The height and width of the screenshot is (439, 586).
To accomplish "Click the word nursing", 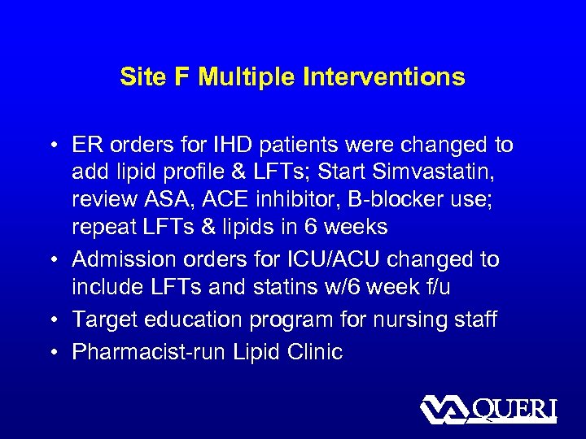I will click(406, 319).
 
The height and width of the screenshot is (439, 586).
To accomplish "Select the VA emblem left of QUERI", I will click(444, 409).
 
